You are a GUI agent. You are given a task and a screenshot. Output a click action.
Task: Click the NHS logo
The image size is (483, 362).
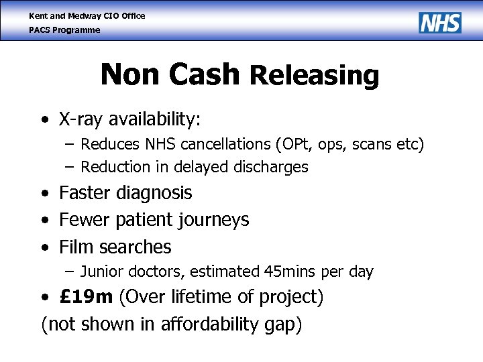440,22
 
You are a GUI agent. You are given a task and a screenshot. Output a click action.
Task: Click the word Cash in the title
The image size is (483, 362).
205,74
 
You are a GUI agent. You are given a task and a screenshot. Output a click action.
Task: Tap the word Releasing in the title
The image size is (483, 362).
314,76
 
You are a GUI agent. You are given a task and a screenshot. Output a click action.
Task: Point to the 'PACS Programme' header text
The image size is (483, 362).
64,30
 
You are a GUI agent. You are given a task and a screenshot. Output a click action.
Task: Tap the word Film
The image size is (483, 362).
75,247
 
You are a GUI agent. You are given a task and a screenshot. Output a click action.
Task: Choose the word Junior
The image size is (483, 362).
101,271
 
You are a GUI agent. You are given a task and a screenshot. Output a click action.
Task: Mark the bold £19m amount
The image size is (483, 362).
86,297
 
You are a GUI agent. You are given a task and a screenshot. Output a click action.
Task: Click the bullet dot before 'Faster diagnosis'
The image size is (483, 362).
44,194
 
